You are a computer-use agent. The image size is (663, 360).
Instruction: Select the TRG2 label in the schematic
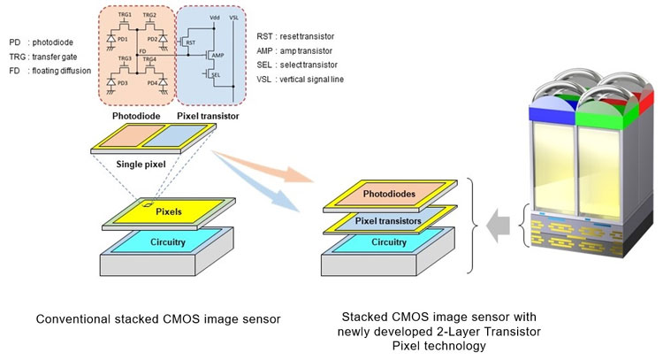pos(149,15)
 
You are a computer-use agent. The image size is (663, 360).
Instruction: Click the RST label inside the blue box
pos(188,42)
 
